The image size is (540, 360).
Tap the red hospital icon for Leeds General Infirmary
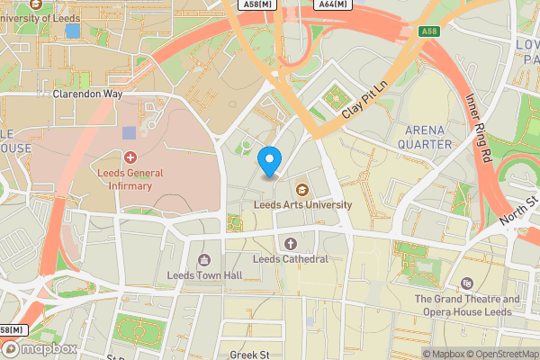[x=130, y=157]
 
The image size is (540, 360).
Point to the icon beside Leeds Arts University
[x=301, y=188]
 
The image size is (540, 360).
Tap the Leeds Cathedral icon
[x=290, y=243]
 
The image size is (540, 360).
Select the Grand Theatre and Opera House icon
[x=467, y=283]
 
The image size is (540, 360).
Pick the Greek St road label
[x=249, y=355]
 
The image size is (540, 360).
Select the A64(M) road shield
[x=334, y=5]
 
